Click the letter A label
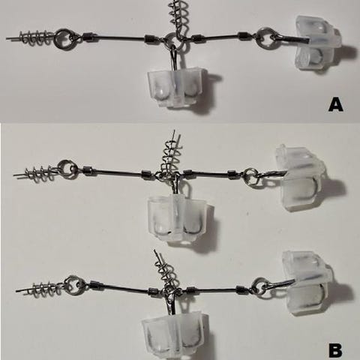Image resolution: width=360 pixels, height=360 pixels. point(336,106)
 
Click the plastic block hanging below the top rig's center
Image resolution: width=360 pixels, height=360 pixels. point(178,88)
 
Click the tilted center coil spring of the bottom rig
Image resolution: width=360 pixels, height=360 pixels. point(166,269)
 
